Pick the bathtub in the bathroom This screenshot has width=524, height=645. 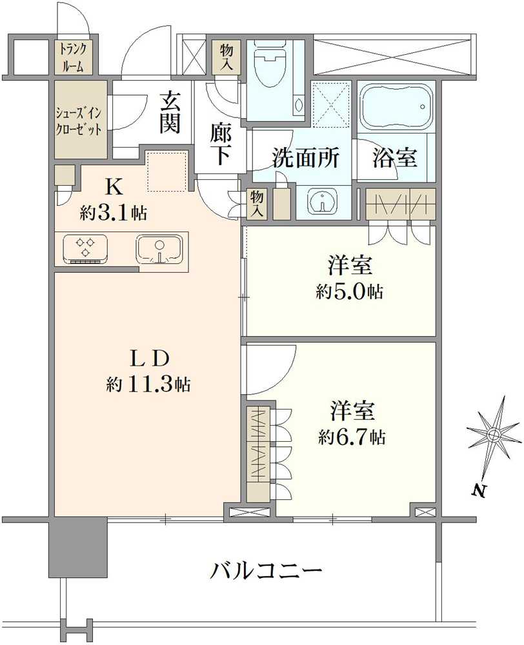pyautogui.click(x=392, y=106)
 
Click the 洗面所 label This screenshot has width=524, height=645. pyautogui.click(x=305, y=158)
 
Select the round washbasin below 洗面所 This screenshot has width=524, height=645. pyautogui.click(x=321, y=202)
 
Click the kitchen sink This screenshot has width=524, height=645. pyautogui.click(x=159, y=249)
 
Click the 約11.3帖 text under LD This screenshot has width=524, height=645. pyautogui.click(x=148, y=385)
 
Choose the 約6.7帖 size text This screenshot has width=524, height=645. pyautogui.click(x=352, y=437)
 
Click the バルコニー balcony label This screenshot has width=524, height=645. pyautogui.click(x=267, y=571)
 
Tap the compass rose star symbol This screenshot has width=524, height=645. pyautogui.click(x=493, y=435)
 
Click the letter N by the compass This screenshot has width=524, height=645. pyautogui.click(x=478, y=491)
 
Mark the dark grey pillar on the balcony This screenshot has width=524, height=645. pyautogui.click(x=77, y=548)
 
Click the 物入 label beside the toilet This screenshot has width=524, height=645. pyautogui.click(x=226, y=57)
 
